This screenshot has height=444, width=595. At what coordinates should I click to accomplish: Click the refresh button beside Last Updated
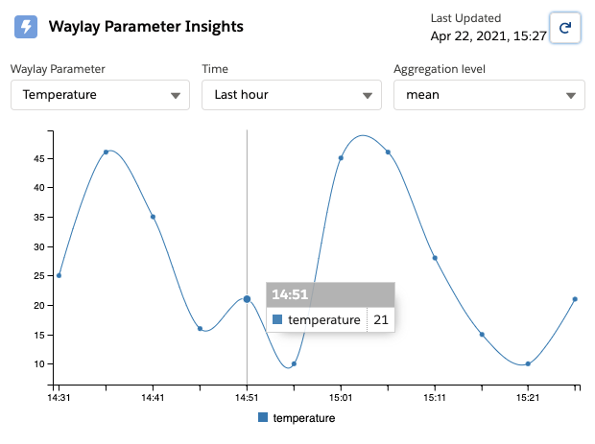pyautogui.click(x=565, y=28)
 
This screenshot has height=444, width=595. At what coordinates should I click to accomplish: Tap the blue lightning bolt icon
pyautogui.click(x=26, y=27)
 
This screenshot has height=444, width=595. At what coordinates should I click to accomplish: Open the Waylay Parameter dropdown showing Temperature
pyautogui.click(x=100, y=95)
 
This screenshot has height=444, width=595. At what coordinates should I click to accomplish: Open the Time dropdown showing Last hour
pyautogui.click(x=292, y=95)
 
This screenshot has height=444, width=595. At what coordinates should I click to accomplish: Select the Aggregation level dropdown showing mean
pyautogui.click(x=489, y=95)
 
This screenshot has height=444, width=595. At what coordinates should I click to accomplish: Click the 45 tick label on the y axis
pyautogui.click(x=39, y=158)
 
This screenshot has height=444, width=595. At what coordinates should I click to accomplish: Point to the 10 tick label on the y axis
pyautogui.click(x=39, y=364)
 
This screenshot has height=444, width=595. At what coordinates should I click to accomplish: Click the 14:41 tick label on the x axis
pyautogui.click(x=153, y=397)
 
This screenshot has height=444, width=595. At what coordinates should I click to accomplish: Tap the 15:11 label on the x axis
pyautogui.click(x=435, y=397)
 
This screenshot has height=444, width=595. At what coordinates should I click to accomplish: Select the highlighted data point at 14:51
pyautogui.click(x=247, y=299)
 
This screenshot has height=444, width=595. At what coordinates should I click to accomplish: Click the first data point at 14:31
pyautogui.click(x=59, y=275)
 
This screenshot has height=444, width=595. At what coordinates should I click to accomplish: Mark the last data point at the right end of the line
pyautogui.click(x=575, y=299)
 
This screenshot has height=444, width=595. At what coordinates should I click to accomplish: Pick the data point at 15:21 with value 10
pyautogui.click(x=528, y=364)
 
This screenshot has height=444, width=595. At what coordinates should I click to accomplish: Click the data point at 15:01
pyautogui.click(x=341, y=158)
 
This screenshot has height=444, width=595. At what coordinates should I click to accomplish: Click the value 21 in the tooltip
pyautogui.click(x=381, y=319)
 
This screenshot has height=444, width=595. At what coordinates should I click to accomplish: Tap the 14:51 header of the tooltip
pyautogui.click(x=290, y=294)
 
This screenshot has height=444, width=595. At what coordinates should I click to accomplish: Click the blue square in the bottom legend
pyautogui.click(x=263, y=417)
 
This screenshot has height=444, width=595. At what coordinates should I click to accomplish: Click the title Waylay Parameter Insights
pyautogui.click(x=146, y=27)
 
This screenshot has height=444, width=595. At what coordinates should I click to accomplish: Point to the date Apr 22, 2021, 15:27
pyautogui.click(x=488, y=36)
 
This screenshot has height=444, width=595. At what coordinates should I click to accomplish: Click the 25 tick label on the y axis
pyautogui.click(x=39, y=275)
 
